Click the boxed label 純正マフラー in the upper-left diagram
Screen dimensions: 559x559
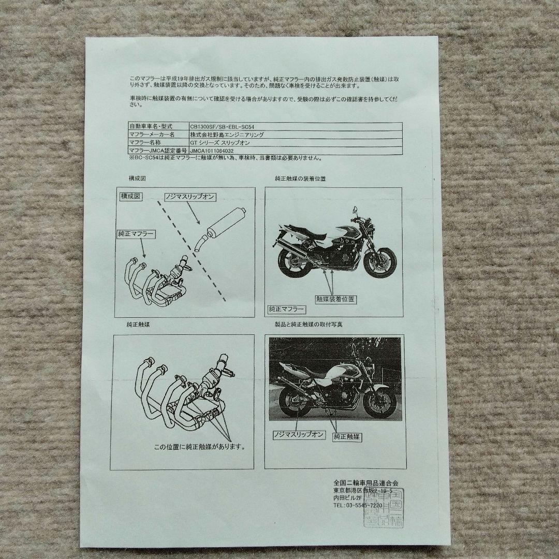[136, 234]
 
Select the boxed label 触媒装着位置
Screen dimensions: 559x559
[336, 299]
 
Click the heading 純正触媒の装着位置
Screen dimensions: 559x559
[301, 179]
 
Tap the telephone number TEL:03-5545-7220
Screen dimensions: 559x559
[358, 505]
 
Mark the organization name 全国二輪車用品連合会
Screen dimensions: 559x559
[366, 483]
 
